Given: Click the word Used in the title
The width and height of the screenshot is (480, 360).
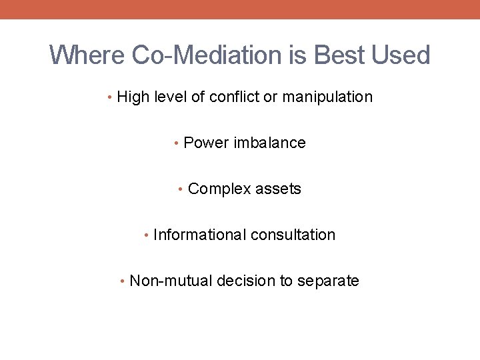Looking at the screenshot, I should point(401,55).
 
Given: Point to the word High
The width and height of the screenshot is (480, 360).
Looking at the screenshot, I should point(133,97).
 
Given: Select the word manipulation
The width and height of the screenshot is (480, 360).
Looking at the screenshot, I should point(327,97).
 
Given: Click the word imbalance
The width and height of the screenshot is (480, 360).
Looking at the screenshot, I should point(269,143).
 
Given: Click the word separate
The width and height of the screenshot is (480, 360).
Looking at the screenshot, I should point(328,281).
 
